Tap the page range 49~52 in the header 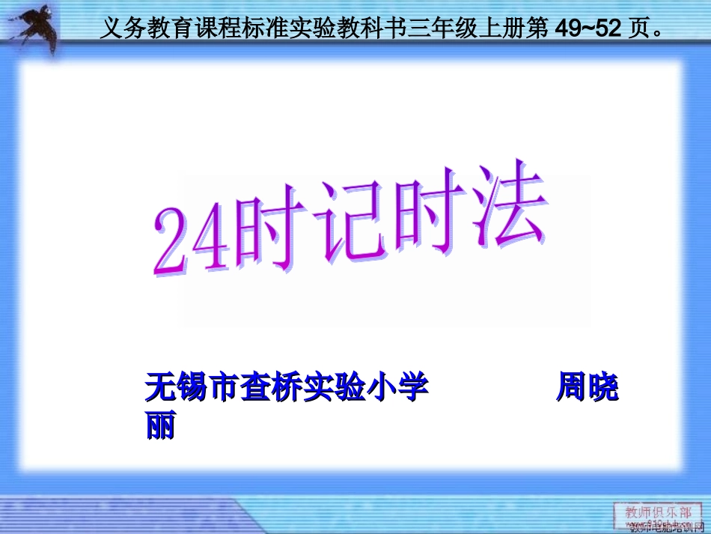tap(585, 28)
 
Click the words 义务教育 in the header tap(138, 28)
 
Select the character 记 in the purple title tap(348, 222)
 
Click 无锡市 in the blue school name tap(191, 388)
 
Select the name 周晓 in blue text tap(587, 388)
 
